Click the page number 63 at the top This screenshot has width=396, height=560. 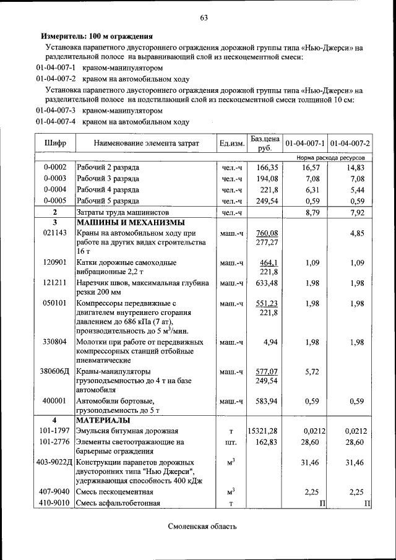204,17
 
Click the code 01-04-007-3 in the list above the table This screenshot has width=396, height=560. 55,111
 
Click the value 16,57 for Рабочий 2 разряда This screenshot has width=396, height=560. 307,168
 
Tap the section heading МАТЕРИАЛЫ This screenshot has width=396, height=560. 103,420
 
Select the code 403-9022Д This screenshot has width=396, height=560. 54,462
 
